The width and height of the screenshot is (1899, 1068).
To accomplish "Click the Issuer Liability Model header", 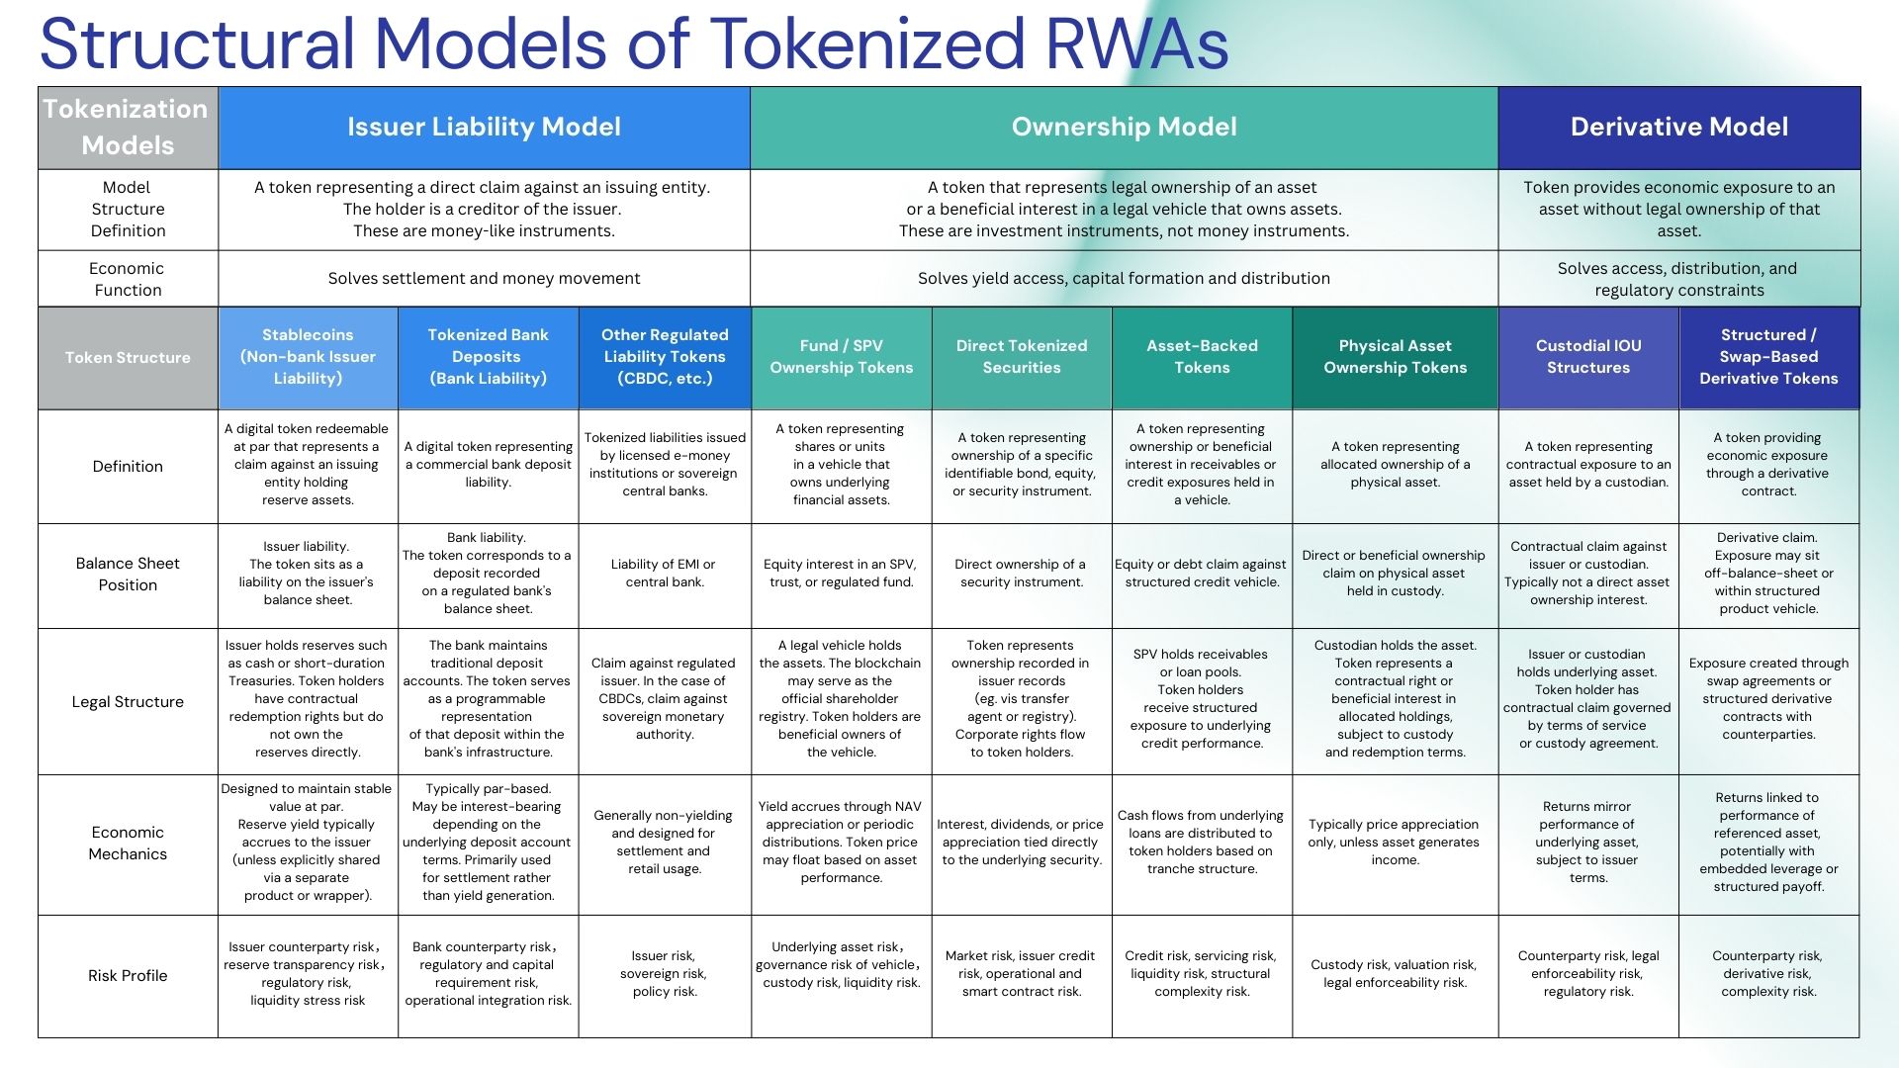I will click(484, 127).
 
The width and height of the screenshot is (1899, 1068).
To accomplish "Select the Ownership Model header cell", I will click(1124, 127).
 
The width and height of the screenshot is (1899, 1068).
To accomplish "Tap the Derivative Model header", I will click(1678, 127).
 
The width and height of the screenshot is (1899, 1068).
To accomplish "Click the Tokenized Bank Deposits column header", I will click(488, 357).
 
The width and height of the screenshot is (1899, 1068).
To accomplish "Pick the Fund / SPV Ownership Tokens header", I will click(841, 357).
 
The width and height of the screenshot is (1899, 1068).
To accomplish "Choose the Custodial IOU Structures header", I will click(1588, 357).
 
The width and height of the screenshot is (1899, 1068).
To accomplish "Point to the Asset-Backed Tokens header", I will click(1202, 357).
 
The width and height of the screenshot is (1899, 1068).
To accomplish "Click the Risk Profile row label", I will click(128, 975).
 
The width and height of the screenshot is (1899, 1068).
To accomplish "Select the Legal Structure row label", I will click(128, 701).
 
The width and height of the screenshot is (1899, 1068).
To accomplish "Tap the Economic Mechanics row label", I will click(128, 844).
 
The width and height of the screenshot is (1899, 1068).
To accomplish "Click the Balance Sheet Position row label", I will click(128, 575).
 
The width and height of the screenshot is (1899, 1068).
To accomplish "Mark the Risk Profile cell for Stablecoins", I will click(307, 974).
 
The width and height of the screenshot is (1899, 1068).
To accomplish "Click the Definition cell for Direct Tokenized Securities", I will click(1022, 465).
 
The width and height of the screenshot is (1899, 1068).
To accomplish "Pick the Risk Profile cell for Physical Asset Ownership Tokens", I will click(1395, 974).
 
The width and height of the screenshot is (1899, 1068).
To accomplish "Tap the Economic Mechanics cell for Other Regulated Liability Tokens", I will click(664, 843).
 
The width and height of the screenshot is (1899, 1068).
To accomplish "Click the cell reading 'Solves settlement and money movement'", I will click(484, 278).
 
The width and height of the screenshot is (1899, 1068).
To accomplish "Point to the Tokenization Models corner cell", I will click(127, 127).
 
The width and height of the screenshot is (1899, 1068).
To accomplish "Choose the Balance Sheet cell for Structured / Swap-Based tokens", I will click(1768, 574).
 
